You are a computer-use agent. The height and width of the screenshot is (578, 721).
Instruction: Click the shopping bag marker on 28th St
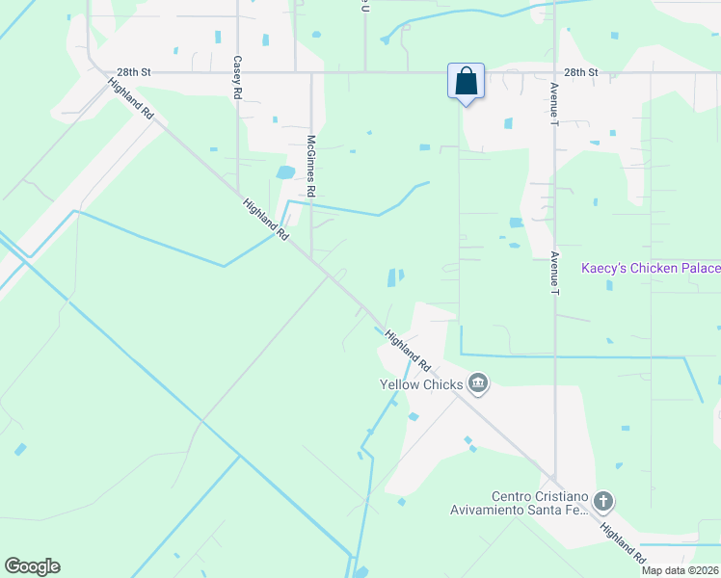pos(466,83)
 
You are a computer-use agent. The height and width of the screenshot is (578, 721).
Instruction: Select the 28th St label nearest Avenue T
pos(581,72)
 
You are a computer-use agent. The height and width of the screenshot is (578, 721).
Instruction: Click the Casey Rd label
pos(236,78)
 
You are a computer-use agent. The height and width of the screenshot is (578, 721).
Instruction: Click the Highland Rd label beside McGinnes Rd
pos(266,220)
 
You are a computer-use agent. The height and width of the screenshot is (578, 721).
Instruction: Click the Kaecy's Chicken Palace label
pos(651,268)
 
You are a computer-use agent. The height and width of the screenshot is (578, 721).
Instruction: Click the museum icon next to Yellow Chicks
pos(477,385)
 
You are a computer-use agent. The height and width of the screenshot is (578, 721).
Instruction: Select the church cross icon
pos(603,501)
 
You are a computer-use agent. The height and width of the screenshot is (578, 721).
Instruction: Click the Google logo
pos(32,566)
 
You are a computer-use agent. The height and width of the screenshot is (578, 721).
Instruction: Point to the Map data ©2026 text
pos(681,570)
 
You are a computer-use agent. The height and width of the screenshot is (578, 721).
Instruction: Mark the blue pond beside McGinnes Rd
pos(285,173)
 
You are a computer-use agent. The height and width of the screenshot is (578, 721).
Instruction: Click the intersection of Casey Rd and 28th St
pos(236,71)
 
